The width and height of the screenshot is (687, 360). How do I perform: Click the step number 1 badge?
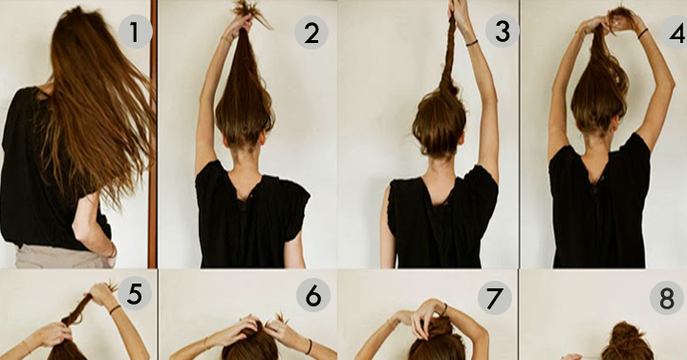coord(136,32)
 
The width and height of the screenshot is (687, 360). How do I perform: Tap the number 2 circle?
coord(311,32)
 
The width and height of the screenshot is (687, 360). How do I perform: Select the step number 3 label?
coord(503,31)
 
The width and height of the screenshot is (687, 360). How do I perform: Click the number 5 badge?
coord(134,293)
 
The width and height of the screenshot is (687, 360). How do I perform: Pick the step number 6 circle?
coord(313,295)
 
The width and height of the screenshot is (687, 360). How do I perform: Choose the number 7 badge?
coord(495,298)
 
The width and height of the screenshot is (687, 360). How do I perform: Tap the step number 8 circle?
coord(666,298)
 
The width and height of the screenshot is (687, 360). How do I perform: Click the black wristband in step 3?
coord(471,42)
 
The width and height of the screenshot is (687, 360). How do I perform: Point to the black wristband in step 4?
coord(643,33)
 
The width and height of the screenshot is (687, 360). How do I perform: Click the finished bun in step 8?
coord(628,340)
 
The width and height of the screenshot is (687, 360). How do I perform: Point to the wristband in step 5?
coord(115,309)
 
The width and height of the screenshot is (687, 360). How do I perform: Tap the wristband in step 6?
coord(309,347)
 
